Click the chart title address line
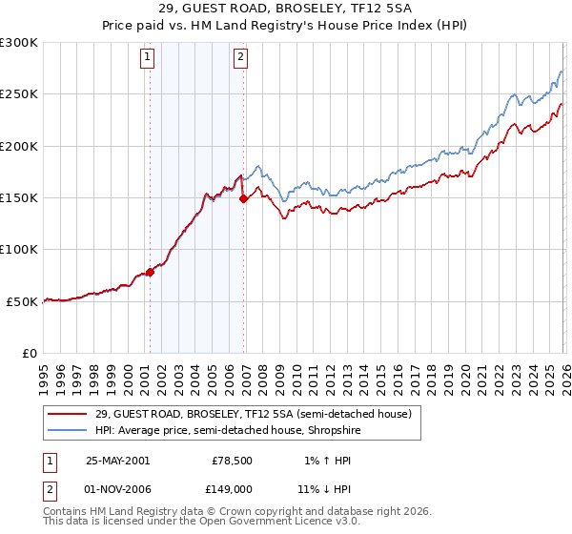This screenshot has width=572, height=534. pos(286,10)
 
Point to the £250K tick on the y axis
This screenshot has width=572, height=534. pos(19,94)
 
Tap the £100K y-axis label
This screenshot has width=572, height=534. pos(19,249)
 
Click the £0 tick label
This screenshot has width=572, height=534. pos(29,353)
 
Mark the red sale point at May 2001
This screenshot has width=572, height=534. pos(150,272)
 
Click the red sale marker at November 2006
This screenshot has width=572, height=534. pos(242,199)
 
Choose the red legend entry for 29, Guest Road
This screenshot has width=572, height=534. pos(253,414)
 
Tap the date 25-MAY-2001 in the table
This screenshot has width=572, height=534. pos(117,460)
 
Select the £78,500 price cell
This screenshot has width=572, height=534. pos(232,460)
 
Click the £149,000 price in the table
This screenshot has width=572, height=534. pos(232,488)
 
